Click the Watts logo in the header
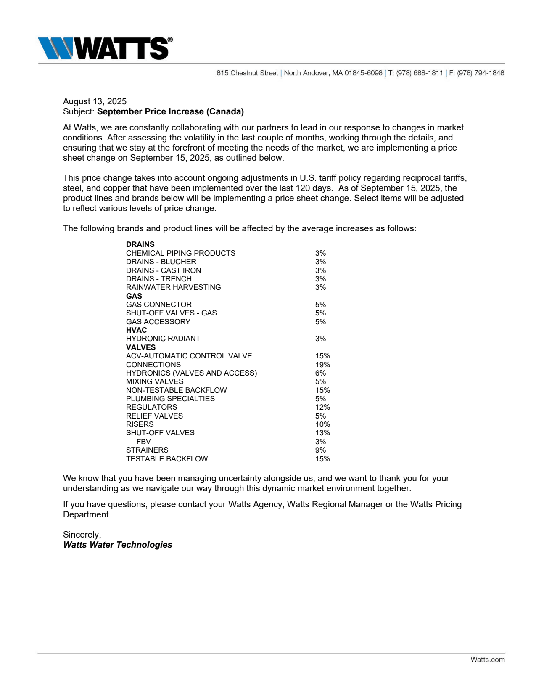(105, 48)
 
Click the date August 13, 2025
(95, 101)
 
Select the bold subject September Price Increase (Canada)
(170, 111)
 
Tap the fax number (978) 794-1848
(481, 73)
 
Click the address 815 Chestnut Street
(247, 73)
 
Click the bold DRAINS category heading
(140, 244)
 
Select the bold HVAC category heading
(136, 330)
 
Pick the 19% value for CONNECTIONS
(322, 365)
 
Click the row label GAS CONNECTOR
(158, 305)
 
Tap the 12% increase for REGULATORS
(322, 407)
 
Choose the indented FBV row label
(143, 442)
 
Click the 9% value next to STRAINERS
(320, 450)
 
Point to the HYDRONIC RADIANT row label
(163, 339)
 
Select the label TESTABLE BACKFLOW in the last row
(166, 459)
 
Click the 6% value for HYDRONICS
(320, 373)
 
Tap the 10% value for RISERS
(322, 424)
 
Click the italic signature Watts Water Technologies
(117, 545)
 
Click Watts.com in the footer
(487, 660)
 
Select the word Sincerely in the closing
(82, 535)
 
